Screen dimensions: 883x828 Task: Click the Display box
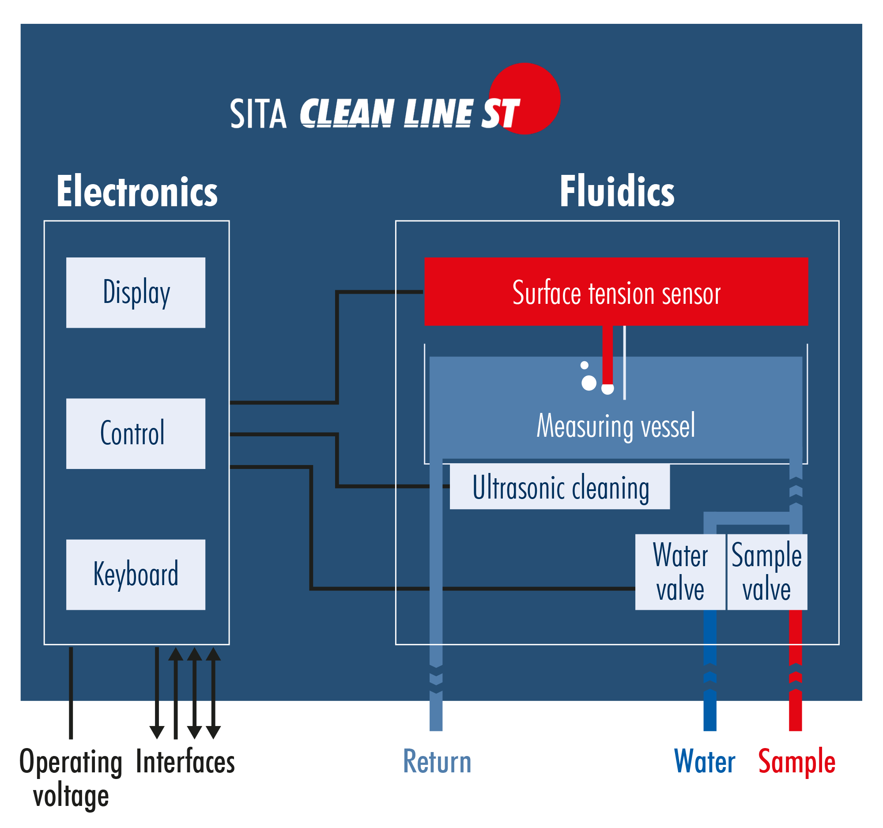point(136,293)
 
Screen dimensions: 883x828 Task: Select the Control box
point(136,434)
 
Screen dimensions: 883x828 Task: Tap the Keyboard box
point(136,575)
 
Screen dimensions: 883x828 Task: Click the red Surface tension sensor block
point(616,292)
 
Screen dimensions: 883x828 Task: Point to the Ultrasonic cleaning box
point(560,487)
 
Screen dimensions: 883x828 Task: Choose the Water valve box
point(680,572)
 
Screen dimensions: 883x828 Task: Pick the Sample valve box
point(767,572)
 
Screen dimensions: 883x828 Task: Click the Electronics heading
point(137,192)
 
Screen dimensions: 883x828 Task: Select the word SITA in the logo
point(258,114)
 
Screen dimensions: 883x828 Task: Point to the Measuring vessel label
point(615,426)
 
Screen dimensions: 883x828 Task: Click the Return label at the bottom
point(437,762)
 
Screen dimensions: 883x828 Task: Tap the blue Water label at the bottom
point(705,762)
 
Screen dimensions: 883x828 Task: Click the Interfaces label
point(185,762)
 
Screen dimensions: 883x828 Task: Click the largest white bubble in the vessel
point(589,383)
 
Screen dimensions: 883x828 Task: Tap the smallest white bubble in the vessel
point(585,365)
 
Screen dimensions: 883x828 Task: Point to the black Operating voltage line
point(71,693)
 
